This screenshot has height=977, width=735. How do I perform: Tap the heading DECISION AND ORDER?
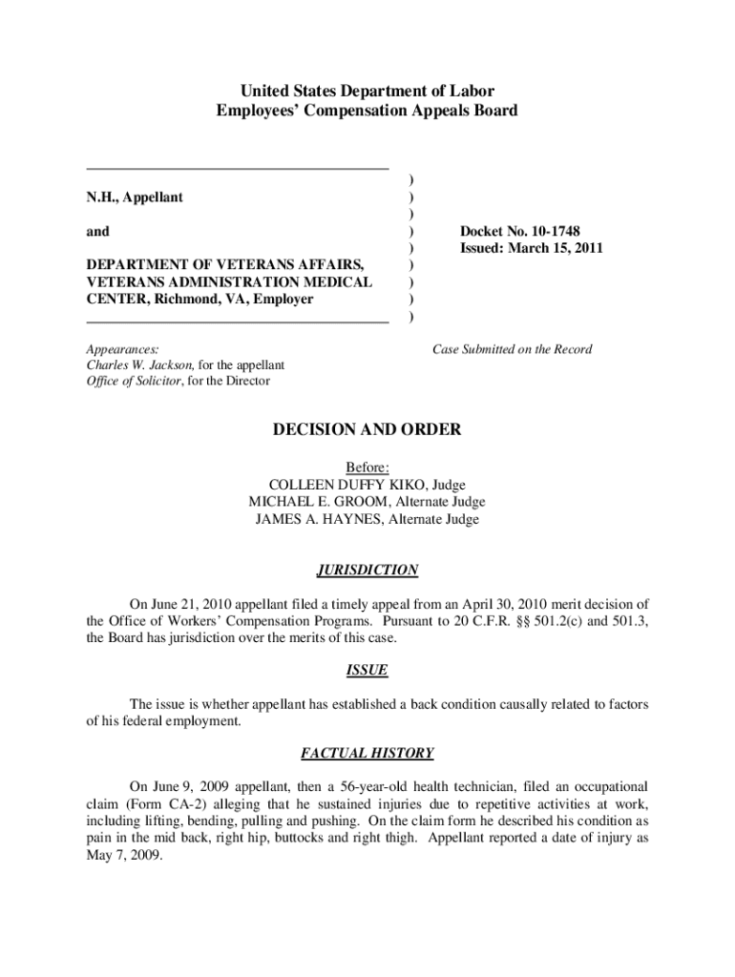point(367,430)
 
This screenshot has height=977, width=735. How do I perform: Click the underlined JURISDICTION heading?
point(367,571)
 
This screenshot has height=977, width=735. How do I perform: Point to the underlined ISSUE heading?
point(367,670)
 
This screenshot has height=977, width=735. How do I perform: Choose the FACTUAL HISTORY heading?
point(367,754)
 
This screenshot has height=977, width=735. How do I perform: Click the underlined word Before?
point(367,468)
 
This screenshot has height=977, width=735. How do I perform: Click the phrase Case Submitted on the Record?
point(512,349)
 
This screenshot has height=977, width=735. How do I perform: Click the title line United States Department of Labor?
point(367,92)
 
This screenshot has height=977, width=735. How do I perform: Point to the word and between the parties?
point(98,232)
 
